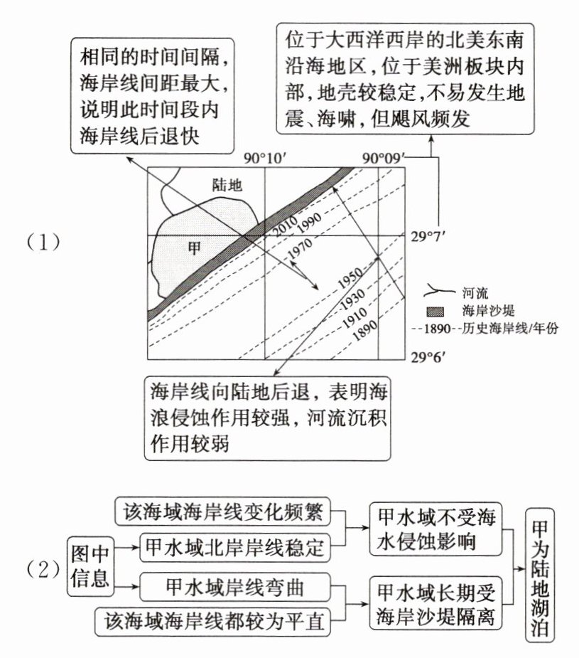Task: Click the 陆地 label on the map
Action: point(227,186)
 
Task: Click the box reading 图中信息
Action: point(90,566)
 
